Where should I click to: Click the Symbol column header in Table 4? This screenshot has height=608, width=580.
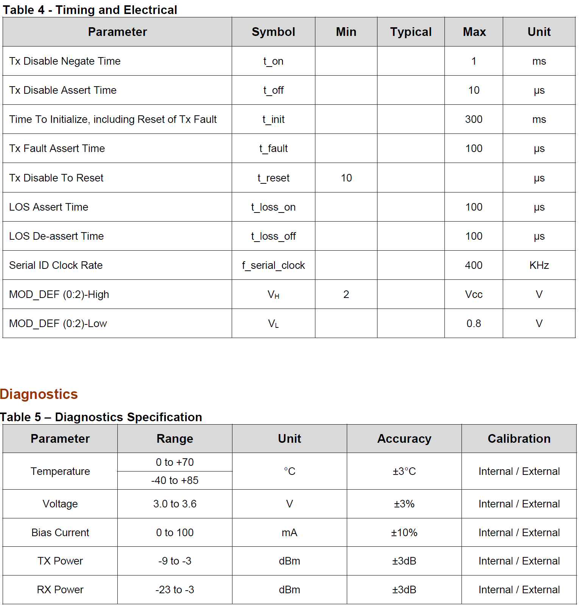[273, 32]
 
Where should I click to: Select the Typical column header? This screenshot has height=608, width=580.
[411, 32]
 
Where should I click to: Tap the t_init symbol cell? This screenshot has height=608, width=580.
[273, 119]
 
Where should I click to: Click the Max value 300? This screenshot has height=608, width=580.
[474, 119]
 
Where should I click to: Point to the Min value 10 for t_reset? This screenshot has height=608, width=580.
[346, 178]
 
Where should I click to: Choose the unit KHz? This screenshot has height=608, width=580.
[539, 265]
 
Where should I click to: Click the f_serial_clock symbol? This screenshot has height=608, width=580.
[273, 265]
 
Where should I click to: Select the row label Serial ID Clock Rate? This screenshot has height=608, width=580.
[56, 265]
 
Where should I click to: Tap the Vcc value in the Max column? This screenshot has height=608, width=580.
[474, 295]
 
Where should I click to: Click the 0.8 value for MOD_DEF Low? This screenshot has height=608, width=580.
[474, 324]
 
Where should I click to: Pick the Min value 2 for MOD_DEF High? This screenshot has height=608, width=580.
[346, 295]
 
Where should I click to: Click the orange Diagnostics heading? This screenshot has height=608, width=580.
[39, 394]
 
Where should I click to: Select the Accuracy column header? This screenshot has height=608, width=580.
[404, 439]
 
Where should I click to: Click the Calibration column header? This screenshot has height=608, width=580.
[519, 439]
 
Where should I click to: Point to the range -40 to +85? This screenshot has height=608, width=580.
[175, 481]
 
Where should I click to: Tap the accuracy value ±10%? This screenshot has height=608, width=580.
[404, 533]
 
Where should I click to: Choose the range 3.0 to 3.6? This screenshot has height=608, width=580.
[175, 504]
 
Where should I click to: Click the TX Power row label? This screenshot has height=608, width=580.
[60, 561]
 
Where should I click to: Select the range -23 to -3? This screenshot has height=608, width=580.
[175, 590]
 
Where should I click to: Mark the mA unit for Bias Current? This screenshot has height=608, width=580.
[289, 533]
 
